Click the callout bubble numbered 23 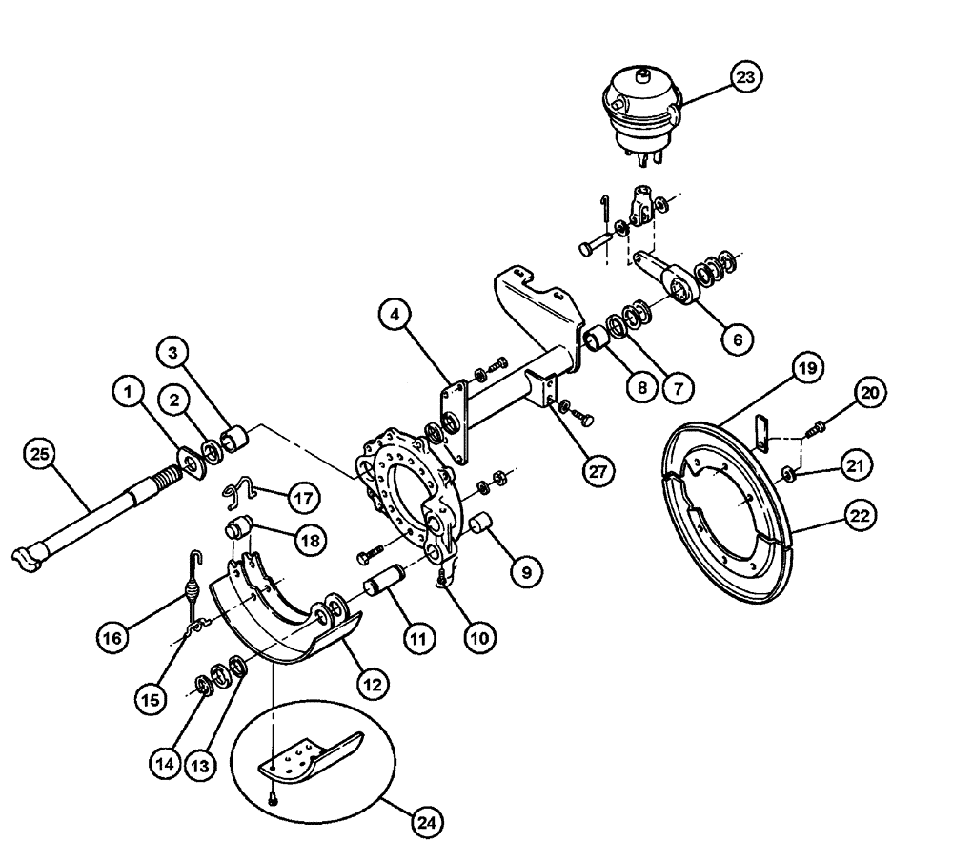pyautogui.click(x=746, y=78)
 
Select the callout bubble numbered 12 pyautogui.click(x=373, y=682)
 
